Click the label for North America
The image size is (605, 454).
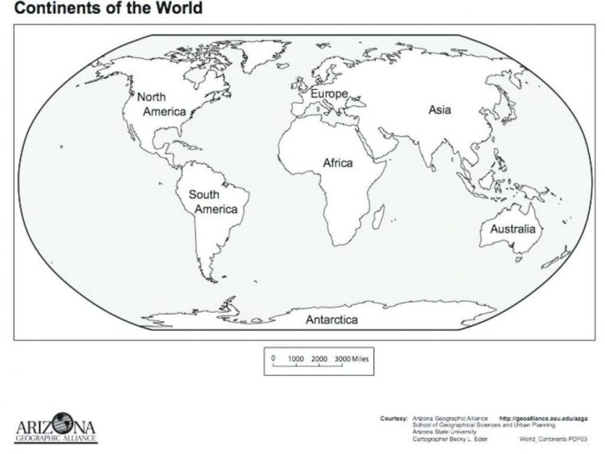coord(162,104)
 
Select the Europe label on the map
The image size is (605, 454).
coord(324,94)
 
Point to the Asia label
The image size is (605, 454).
coord(439,109)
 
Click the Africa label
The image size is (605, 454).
coord(338,162)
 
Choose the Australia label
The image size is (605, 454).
coord(513,229)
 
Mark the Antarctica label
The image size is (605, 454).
coord(331,319)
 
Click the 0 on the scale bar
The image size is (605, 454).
coord(273,359)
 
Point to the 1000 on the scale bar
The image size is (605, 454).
coord(296,359)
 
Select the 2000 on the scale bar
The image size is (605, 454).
coord(319,359)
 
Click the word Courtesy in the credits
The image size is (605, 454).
coord(394,417)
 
